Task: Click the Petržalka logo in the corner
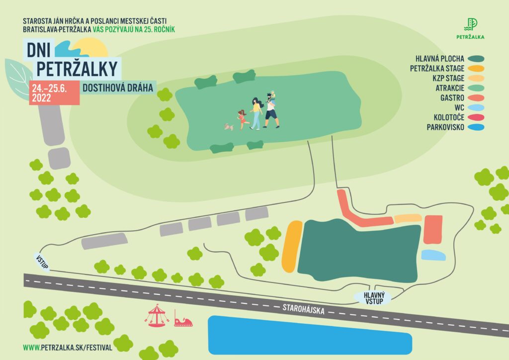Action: [470, 28]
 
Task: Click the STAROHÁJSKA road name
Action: [303, 307]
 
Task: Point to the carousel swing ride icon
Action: [157, 315]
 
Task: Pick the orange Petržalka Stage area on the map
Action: [292, 246]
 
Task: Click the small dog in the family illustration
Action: [229, 127]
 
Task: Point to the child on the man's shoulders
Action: [272, 95]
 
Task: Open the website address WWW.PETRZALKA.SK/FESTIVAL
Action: [68, 347]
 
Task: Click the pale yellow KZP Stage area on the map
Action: [408, 218]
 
